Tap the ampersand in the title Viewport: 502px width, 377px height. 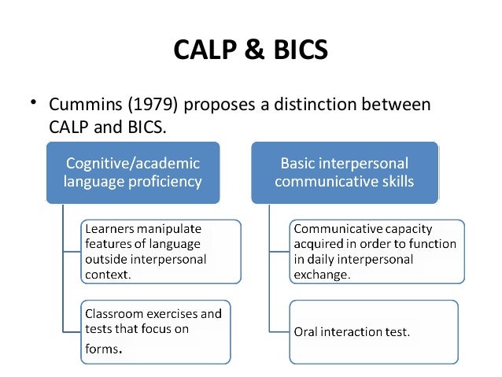tap(249, 51)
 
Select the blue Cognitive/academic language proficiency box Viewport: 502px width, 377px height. tap(132, 173)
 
